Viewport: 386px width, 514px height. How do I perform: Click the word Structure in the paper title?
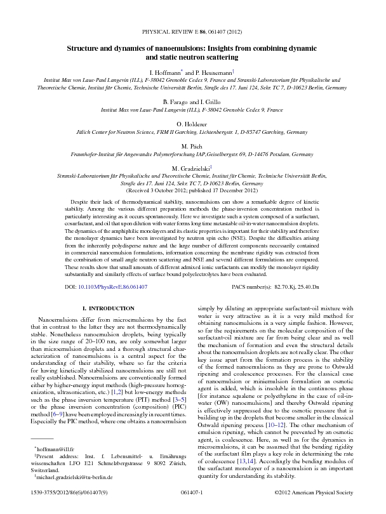[86, 48]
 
